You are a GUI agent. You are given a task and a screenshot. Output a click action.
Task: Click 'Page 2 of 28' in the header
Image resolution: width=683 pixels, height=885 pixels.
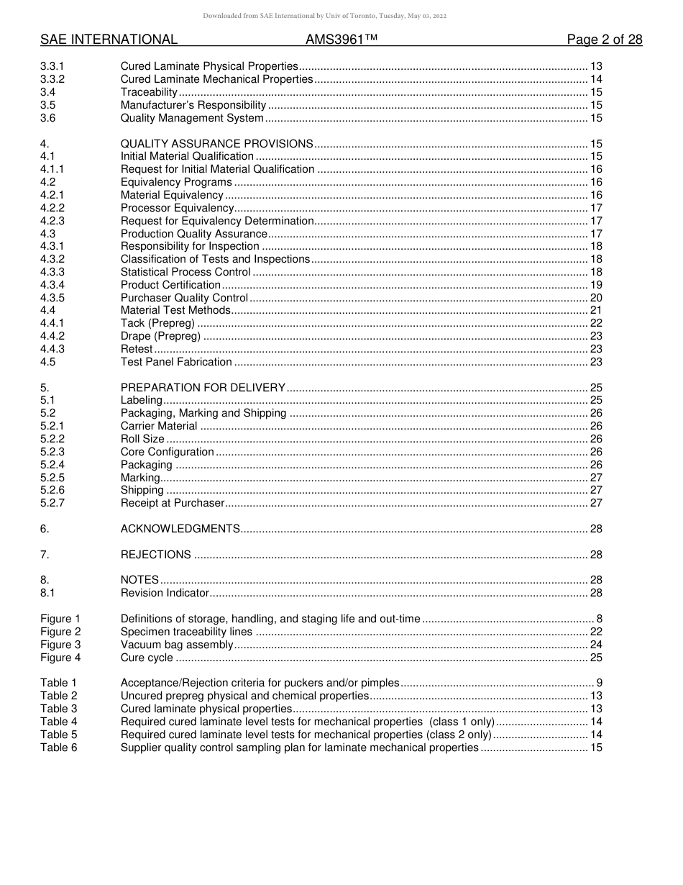coord(604,40)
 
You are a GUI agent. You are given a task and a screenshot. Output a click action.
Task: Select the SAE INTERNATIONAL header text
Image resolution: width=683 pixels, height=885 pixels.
coord(109,40)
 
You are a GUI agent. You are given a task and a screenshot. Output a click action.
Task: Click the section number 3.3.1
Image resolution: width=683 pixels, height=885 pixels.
coord(52,66)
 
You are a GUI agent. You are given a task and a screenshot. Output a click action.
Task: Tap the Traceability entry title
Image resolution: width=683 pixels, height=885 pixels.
coord(149,92)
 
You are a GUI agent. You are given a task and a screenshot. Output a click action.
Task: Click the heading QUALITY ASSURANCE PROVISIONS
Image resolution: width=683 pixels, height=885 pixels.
coord(216,144)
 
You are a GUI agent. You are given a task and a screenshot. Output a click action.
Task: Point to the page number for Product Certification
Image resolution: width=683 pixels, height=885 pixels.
coord(596,285)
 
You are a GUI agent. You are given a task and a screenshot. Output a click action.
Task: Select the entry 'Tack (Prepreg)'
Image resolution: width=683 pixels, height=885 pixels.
coord(157,323)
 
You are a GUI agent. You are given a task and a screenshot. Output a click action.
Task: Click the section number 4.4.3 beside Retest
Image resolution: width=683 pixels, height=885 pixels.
coord(52,349)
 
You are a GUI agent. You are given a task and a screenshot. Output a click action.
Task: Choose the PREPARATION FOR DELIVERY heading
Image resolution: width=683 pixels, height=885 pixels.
coord(203,387)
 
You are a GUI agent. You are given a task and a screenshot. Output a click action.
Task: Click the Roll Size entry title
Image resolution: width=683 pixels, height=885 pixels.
coord(142,439)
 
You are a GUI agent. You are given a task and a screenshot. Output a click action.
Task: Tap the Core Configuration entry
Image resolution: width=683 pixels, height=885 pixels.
coord(167,452)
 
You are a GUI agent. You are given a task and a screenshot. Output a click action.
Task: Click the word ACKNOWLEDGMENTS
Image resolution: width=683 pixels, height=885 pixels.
coord(180,529)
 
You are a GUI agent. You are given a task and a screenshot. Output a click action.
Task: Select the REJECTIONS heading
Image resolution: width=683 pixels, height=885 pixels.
coord(155,555)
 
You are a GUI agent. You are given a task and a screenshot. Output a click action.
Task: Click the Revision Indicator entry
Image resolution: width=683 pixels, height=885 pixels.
coord(165,593)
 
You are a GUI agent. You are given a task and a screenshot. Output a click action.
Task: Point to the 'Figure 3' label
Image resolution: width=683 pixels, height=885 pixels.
coord(60,645)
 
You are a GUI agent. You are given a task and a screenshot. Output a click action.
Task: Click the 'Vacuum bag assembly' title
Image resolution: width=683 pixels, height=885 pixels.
coord(177,645)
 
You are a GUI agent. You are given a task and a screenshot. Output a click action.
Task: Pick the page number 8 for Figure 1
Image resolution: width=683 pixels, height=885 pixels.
coord(599,619)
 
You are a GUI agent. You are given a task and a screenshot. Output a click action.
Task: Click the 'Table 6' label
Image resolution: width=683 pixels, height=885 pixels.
coord(58,748)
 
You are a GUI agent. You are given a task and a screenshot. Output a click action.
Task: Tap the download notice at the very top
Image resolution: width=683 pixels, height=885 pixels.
coord(324,16)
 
